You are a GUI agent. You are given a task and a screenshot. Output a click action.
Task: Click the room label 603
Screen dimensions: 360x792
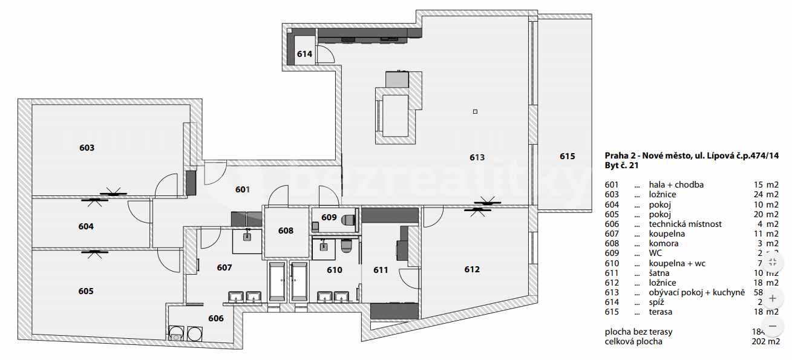[x=87, y=148]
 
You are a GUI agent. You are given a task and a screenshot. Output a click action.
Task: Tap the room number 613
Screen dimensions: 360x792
[x=477, y=157]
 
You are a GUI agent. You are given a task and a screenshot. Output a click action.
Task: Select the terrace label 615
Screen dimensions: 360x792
[x=567, y=156]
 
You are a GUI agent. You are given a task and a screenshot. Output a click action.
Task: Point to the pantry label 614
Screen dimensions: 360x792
[x=304, y=54]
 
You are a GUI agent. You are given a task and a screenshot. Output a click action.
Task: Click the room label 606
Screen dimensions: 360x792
[x=216, y=318]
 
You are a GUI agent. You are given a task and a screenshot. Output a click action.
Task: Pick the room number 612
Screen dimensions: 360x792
[x=472, y=269]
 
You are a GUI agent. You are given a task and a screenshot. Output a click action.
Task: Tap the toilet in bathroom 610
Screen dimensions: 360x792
[x=346, y=246]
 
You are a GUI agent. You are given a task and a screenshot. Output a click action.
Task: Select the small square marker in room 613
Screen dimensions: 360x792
[x=476, y=111]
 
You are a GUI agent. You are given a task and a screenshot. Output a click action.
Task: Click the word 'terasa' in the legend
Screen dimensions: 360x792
[x=661, y=312]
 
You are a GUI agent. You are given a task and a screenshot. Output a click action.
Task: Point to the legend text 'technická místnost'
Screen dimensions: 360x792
[x=685, y=224]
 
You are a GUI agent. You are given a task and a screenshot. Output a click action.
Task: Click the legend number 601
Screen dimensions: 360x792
[x=612, y=185]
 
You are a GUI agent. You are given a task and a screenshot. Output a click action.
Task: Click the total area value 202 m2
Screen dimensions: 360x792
[x=768, y=341]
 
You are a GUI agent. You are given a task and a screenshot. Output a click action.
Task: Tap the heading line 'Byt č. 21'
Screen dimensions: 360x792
[x=621, y=165]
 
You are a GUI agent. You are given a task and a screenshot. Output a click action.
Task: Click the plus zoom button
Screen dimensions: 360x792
[x=772, y=298]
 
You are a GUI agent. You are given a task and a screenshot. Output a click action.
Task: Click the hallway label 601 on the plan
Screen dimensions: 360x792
[x=243, y=189]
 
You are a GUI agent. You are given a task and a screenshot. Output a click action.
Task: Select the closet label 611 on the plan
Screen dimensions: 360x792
[x=381, y=270]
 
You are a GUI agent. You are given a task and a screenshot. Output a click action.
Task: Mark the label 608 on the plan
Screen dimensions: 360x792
[x=286, y=231]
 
